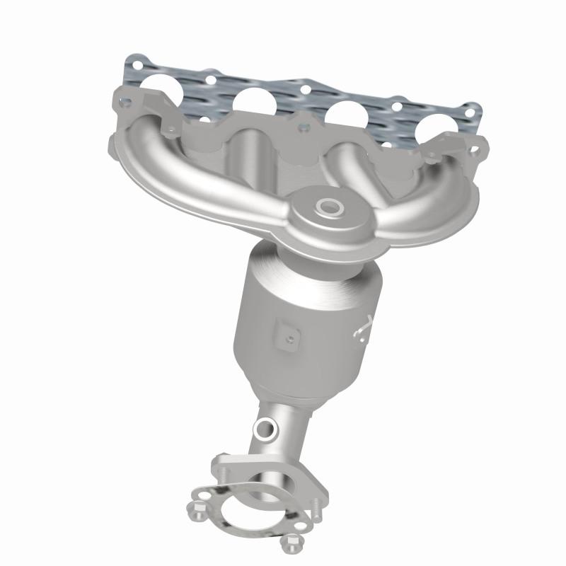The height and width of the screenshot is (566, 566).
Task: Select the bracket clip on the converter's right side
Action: [362, 327]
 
